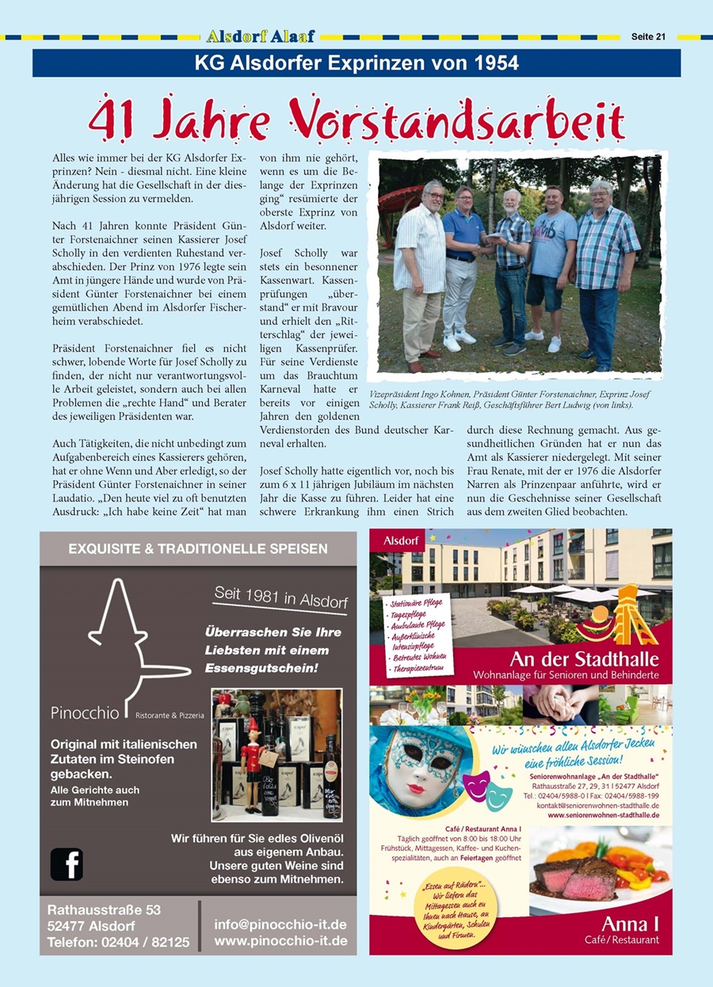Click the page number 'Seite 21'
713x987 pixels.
648,36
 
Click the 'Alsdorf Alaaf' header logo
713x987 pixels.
261,36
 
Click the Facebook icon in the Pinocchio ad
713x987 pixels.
67,863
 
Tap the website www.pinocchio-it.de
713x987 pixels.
280,941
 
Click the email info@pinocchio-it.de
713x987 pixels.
280,924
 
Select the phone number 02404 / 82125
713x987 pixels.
145,943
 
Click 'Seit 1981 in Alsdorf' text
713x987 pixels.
280,599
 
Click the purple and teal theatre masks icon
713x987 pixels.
487,791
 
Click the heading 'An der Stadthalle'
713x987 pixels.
585,659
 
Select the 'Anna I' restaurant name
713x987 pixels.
631,924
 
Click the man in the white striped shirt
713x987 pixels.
421,269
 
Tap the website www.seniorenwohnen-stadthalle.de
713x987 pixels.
604,814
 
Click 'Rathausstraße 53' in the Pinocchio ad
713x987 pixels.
104,910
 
